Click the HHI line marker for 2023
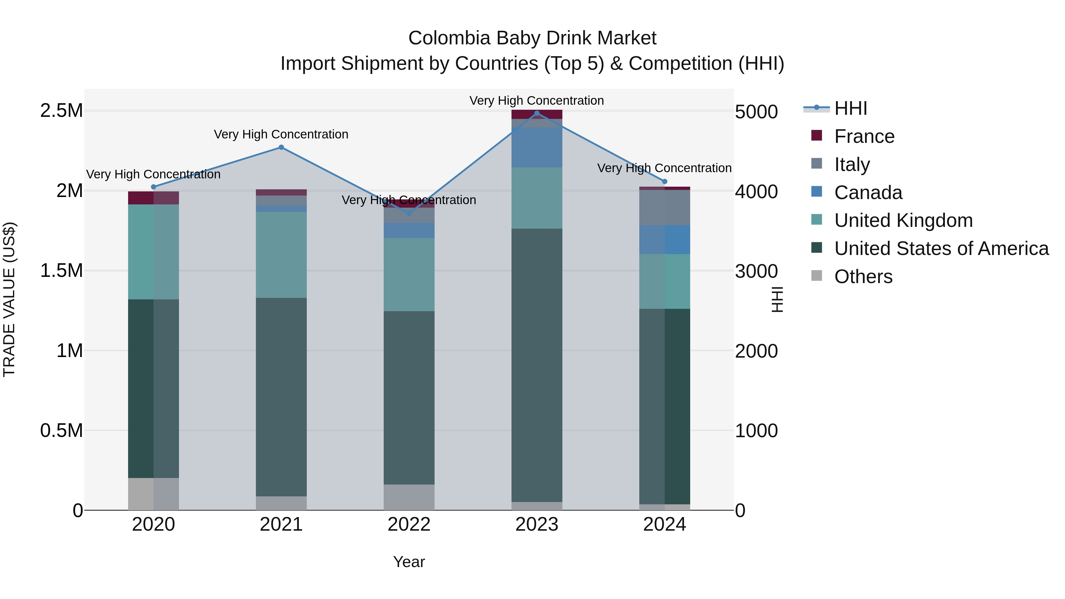pos(537,113)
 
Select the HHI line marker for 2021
pos(281,147)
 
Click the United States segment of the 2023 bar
pos(537,364)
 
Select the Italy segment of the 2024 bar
pos(664,208)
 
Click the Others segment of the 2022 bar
pos(409,497)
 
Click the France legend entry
pos(864,136)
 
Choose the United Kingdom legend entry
pos(903,220)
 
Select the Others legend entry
pos(863,277)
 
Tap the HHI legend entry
pos(851,108)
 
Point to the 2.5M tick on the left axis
pos(62,111)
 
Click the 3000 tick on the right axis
pos(756,272)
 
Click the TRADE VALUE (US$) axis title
pos(9,299)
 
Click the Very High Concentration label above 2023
pos(537,101)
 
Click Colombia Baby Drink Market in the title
pos(532,38)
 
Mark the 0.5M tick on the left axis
pos(62,431)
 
